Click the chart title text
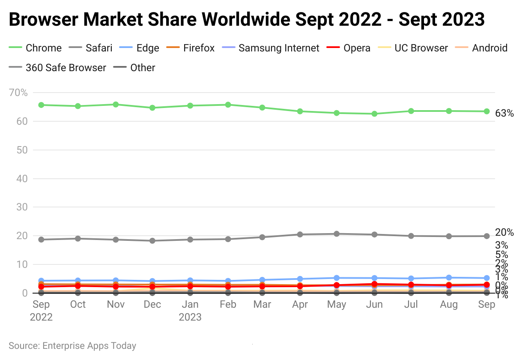click(247, 20)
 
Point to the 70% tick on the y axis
click(18, 93)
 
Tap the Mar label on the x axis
click(262, 304)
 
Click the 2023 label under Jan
click(190, 318)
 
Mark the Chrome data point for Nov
click(116, 105)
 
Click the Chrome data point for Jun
click(374, 114)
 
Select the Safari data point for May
click(337, 234)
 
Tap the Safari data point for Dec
click(152, 241)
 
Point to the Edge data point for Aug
click(449, 278)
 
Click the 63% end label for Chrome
click(504, 114)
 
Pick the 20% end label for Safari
click(504, 233)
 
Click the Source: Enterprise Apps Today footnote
click(72, 346)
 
